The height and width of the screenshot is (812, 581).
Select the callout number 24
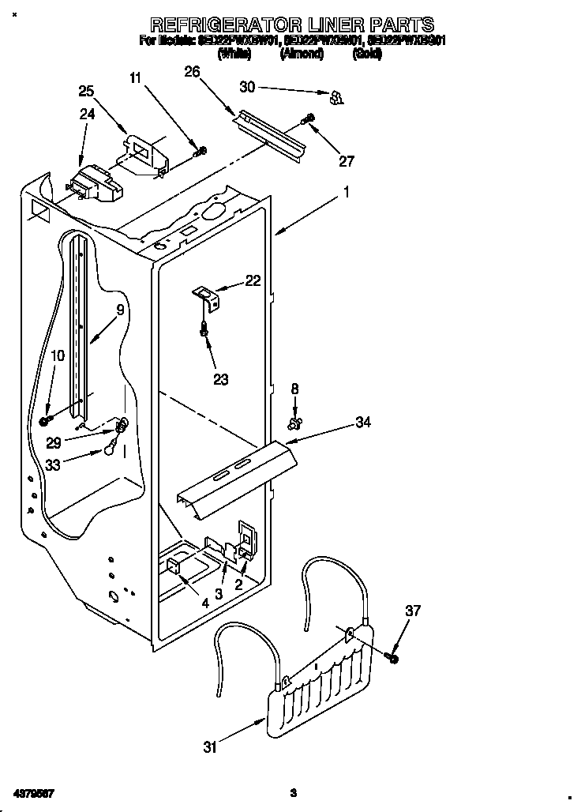(x=87, y=114)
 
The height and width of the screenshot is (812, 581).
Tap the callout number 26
(x=192, y=73)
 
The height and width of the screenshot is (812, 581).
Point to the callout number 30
(x=248, y=88)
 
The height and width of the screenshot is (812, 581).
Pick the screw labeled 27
(x=309, y=119)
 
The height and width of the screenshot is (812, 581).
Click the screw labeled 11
(x=201, y=151)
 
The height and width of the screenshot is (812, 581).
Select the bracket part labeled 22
(x=208, y=297)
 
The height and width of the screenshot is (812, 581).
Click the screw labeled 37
(x=392, y=656)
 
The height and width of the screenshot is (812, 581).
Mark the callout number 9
(x=120, y=310)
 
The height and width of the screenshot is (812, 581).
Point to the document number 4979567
(x=33, y=792)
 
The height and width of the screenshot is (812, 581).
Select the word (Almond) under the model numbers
(x=301, y=54)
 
